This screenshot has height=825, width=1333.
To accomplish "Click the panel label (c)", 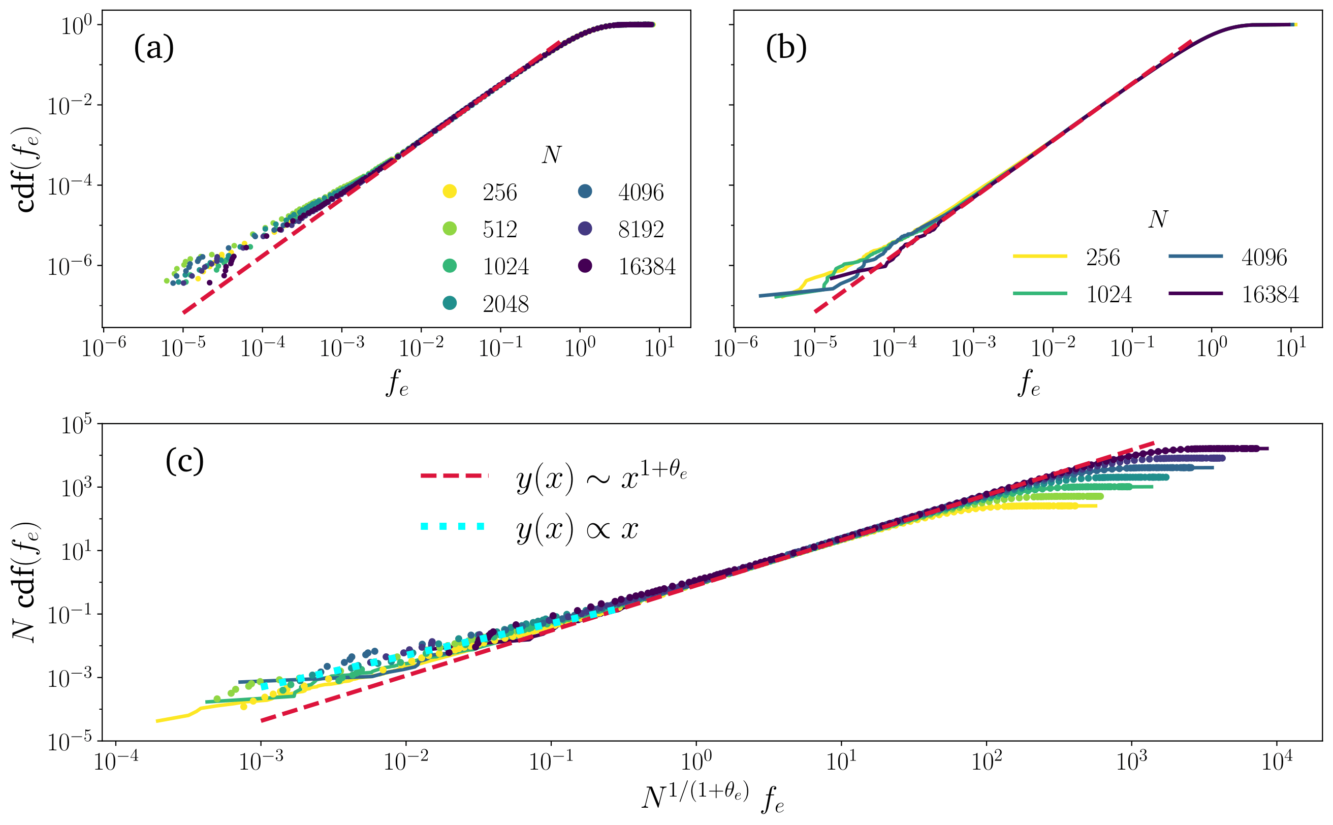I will (184, 461).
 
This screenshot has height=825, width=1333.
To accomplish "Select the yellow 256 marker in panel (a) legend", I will (450, 192).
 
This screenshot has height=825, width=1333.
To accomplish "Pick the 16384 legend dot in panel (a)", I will (585, 266).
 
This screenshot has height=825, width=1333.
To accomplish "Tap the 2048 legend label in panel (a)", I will (505, 304).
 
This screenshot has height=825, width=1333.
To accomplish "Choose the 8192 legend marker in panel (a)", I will (585, 229).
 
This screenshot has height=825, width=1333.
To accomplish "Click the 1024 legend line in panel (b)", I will (1039, 294).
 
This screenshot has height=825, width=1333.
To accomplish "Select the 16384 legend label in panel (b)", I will (1270, 295).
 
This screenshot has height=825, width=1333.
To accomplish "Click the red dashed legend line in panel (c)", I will (454, 476).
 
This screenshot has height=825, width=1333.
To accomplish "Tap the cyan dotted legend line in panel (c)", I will (452, 526).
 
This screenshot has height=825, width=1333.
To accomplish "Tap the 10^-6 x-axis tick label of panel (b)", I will (736, 347).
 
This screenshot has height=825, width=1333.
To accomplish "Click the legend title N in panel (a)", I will (551, 155).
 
